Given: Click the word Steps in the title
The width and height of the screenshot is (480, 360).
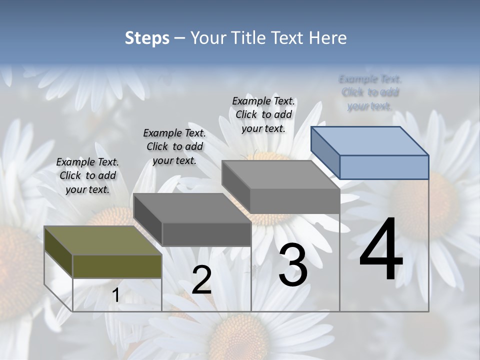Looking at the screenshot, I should coord(147,38).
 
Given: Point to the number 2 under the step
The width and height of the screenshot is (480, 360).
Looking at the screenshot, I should coord(201,280).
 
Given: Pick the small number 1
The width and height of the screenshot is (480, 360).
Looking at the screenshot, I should coord(115,295).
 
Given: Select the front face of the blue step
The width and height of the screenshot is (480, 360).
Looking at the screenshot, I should coord(384,167).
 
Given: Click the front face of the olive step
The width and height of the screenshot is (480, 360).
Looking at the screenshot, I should coord(117,266).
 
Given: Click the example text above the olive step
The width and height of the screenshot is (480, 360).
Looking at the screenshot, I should coord(87,175).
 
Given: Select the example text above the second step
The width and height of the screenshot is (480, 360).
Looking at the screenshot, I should coord(174,146).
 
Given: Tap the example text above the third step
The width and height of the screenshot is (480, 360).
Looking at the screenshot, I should coord(263,114).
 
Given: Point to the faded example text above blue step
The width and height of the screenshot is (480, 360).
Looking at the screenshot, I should coord(370,92).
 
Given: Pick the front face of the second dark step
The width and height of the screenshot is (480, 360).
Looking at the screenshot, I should coord(206,234).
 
